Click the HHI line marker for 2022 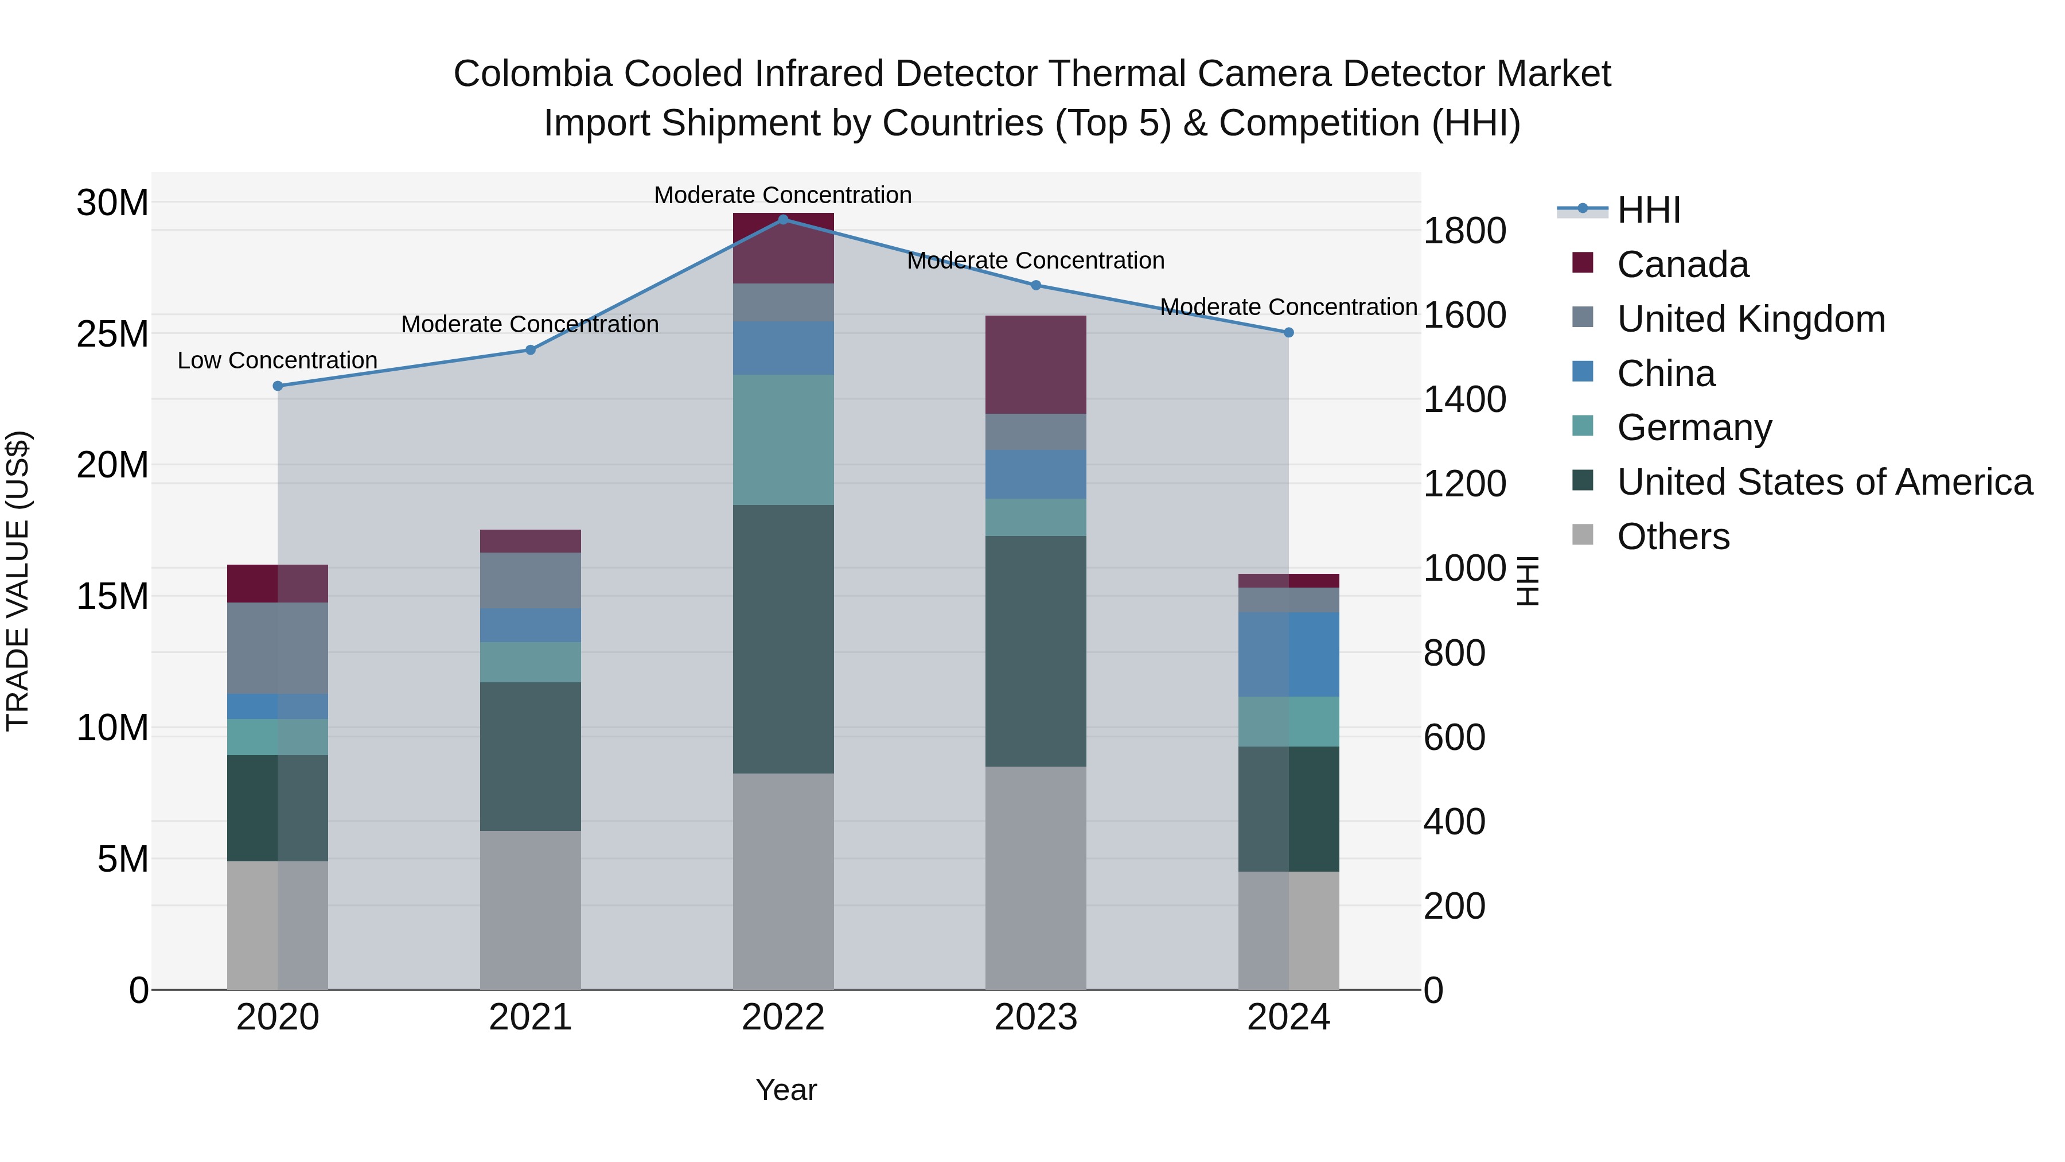783,219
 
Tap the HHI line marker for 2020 278,386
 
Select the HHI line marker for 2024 1288,332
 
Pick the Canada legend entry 1682,264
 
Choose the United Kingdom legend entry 1751,318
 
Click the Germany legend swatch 1583,426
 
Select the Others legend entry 1673,536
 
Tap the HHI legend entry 1648,210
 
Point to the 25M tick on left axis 113,333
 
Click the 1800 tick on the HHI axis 1464,231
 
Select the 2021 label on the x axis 530,1017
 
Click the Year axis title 786,1090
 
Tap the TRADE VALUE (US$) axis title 18,581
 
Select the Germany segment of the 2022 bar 783,440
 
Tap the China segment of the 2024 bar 1288,654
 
